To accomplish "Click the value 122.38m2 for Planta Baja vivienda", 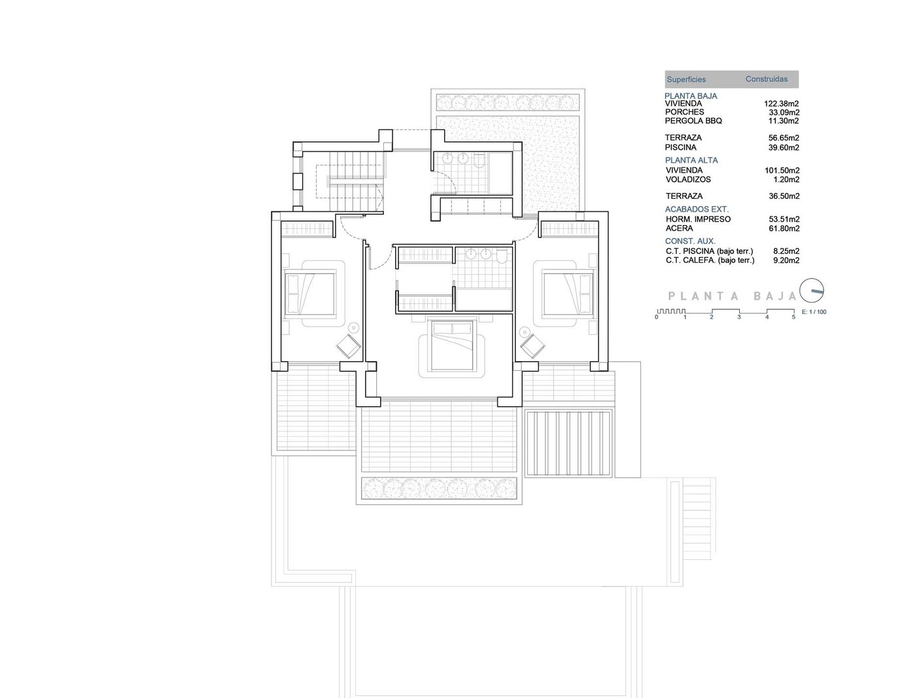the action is tap(781, 103).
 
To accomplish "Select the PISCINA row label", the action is tap(680, 147).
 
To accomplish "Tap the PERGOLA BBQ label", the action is tap(693, 121).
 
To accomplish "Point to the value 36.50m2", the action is tap(784, 196).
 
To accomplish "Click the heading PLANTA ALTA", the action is tap(691, 160).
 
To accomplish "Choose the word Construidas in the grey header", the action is tap(766, 79).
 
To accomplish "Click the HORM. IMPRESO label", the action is tap(698, 219).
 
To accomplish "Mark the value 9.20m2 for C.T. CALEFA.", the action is tap(786, 260).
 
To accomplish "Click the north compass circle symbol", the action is tap(812, 290).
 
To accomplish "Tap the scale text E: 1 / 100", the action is tap(814, 311).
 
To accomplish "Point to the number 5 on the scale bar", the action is tap(793, 317).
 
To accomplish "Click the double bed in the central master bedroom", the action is tap(452, 345).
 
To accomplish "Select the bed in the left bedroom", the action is tap(311, 293).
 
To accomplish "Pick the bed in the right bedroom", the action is tap(567, 293).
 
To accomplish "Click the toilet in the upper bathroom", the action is tap(479, 161).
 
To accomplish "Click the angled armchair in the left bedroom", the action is tap(349, 346).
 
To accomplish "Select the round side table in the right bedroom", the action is tap(525, 332).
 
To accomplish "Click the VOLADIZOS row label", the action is tap(688, 179).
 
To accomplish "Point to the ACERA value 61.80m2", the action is tap(784, 228).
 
